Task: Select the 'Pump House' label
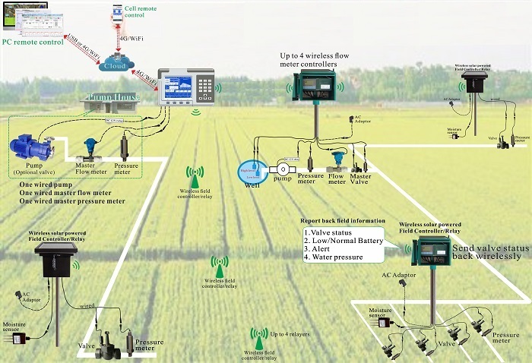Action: pyautogui.click(x=112, y=97)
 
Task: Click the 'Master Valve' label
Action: pyautogui.click(x=359, y=181)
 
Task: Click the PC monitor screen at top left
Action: pyautogui.click(x=23, y=18)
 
